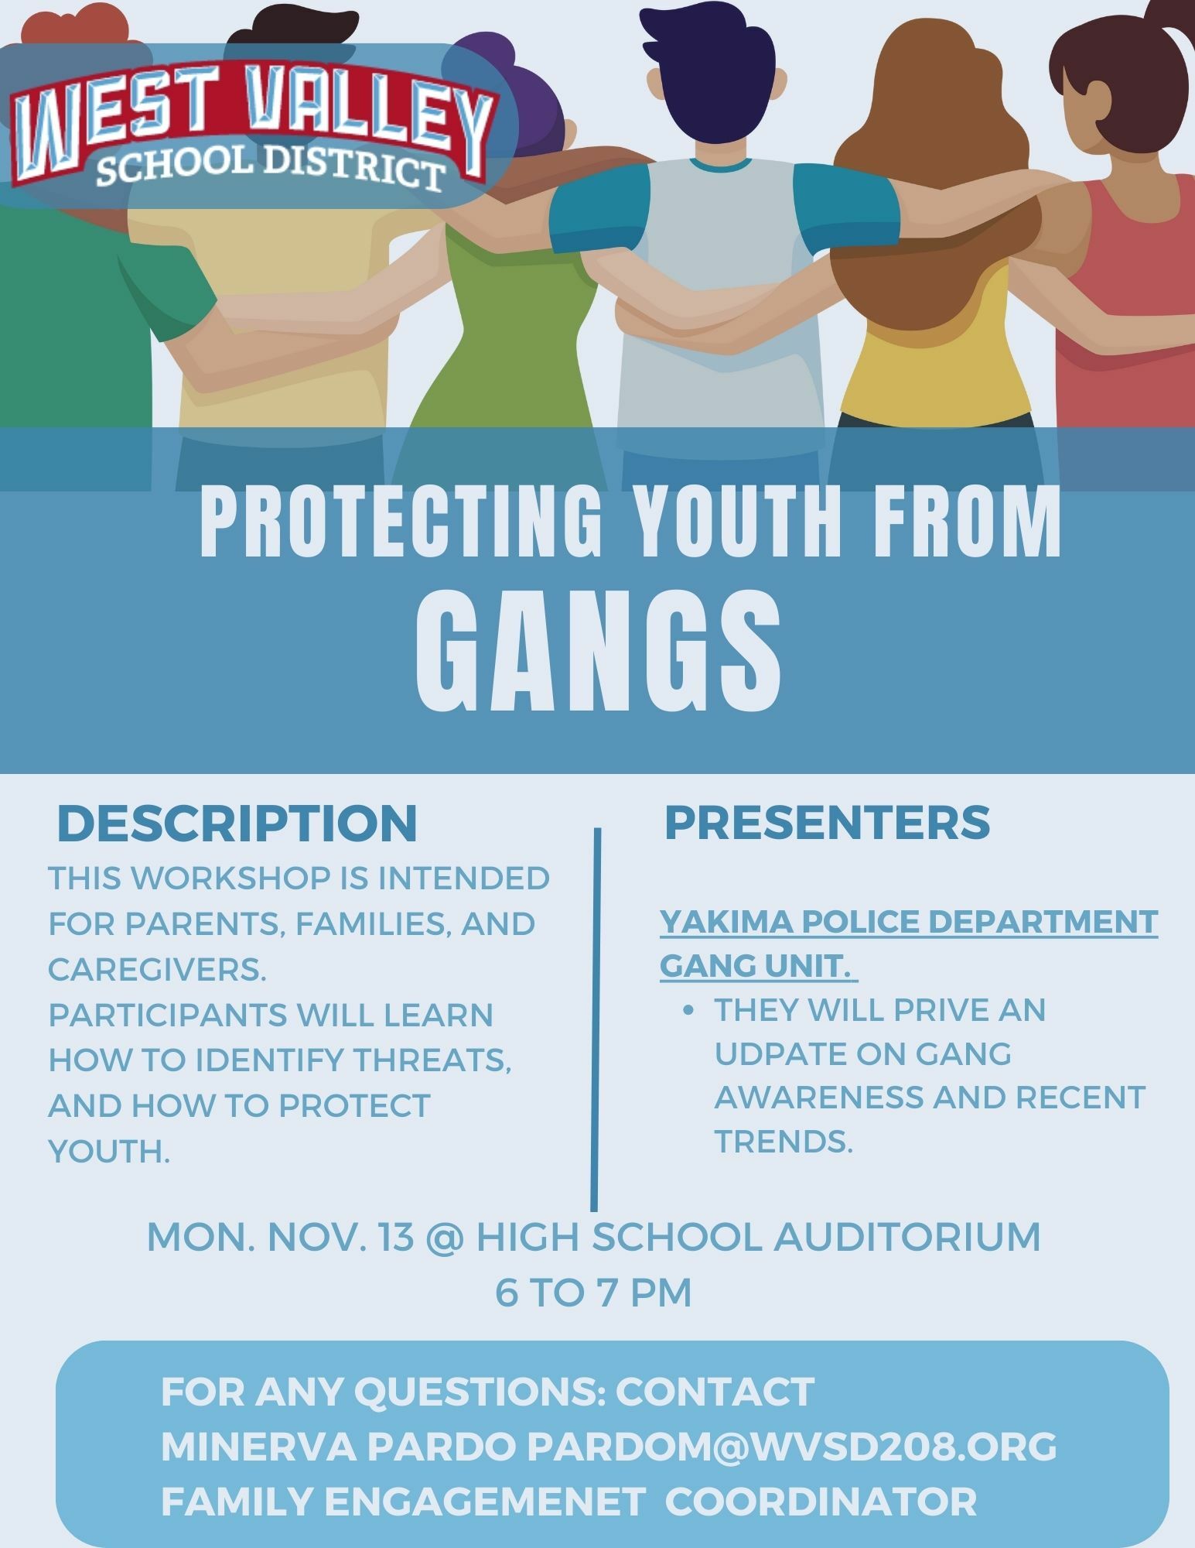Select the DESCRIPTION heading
coord(237,823)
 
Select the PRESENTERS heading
coord(827,821)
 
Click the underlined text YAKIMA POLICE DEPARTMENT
coord(908,922)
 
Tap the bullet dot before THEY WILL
coord(688,1011)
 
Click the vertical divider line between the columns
coord(594,1014)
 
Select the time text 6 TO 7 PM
coord(593,1293)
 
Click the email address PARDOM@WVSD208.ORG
coord(792,1446)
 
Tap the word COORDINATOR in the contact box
coord(821,1502)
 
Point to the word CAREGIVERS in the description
coord(157,969)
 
